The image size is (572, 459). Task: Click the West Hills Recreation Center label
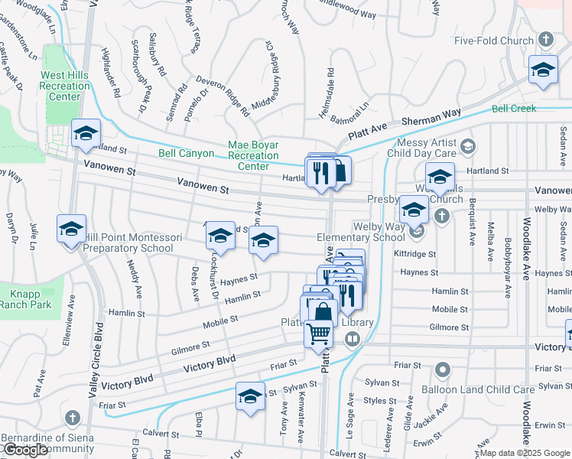tap(64, 86)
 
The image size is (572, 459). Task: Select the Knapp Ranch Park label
tap(31, 298)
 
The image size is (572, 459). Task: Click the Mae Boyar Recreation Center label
tap(253, 155)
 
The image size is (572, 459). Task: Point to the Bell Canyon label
tap(186, 154)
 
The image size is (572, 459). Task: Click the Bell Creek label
tap(513, 109)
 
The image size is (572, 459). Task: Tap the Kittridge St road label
tap(416, 254)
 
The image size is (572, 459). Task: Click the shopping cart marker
tap(318, 334)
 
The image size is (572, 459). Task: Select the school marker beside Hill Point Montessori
tap(71, 229)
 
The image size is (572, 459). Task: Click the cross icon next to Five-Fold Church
tap(546, 39)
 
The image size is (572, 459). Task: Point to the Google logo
tap(25, 450)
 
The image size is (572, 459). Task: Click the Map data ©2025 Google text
tap(525, 453)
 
